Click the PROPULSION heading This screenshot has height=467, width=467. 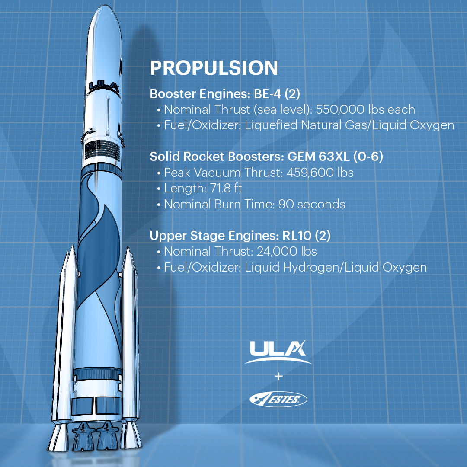pyautogui.click(x=214, y=69)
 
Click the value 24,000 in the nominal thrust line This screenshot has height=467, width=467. pyautogui.click(x=269, y=251)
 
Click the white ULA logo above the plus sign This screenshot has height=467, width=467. pyautogui.click(x=278, y=351)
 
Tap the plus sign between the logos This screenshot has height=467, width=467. pyautogui.click(x=278, y=376)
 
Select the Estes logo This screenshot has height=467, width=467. pyautogui.click(x=278, y=399)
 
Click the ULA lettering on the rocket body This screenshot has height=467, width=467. pyautogui.click(x=103, y=85)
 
